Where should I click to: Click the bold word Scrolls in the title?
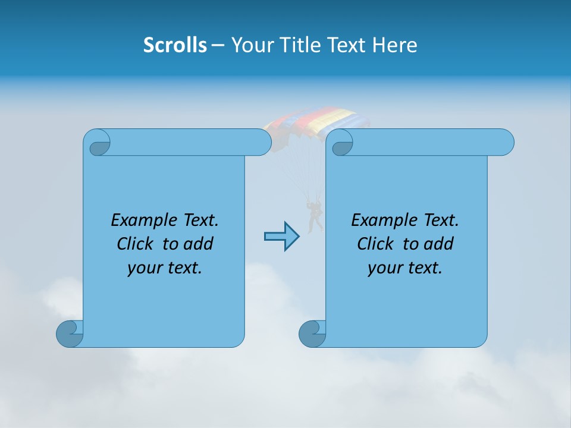coord(175,45)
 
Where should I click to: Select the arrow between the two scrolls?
coord(281,237)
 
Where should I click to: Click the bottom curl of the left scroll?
coord(70,333)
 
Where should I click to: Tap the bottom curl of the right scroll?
coord(312,333)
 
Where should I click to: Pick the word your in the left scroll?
coord(143,268)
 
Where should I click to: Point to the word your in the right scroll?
coord(383,268)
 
